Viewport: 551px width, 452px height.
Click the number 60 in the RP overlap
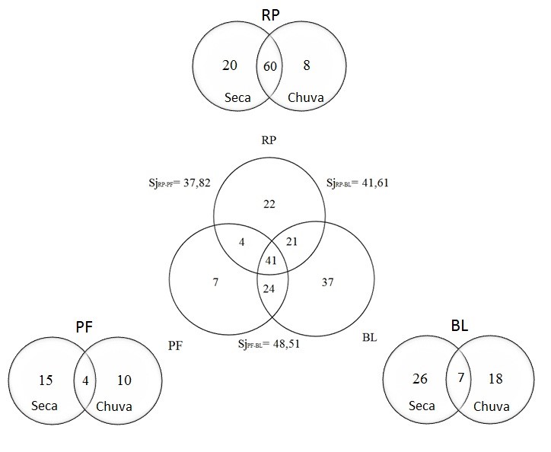click(x=269, y=67)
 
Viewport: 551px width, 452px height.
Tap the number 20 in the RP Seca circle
click(x=230, y=66)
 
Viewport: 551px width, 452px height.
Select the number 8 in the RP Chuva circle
click(x=305, y=66)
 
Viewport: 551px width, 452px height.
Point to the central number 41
click(x=270, y=261)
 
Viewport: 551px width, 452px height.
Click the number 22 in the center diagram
click(x=269, y=204)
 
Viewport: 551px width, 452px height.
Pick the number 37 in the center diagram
click(x=329, y=282)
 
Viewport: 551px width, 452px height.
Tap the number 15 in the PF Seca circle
click(x=45, y=378)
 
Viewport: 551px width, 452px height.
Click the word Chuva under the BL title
click(x=492, y=406)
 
